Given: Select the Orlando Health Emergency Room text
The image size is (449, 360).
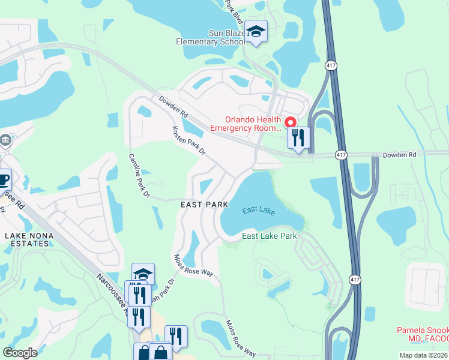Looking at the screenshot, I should [246, 124].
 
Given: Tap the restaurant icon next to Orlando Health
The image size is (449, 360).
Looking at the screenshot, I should [298, 138].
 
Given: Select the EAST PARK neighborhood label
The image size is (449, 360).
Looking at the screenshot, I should [205, 205].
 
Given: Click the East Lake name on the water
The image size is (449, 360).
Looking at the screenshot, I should [259, 210].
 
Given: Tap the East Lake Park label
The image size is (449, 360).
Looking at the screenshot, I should [270, 236].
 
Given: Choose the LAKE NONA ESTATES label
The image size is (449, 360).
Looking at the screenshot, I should [27, 239].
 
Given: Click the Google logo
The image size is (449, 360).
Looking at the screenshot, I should [20, 353].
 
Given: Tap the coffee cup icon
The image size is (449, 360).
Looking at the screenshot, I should [3, 179].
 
